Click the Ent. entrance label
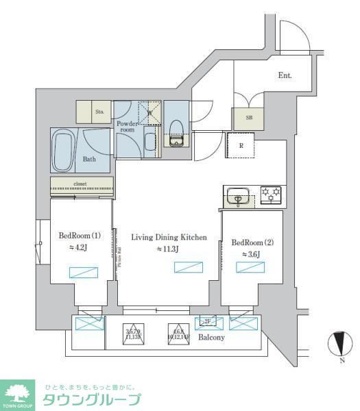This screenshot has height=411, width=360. point(285,76)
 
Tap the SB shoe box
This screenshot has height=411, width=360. point(248,118)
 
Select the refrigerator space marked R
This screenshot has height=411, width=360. point(241,145)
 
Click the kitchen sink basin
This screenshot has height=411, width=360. point(238,197)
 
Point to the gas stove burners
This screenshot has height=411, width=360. point(272,195)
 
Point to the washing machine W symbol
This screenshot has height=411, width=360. point(149,112)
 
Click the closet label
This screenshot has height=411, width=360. point(82,184)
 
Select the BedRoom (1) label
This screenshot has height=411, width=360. point(80,236)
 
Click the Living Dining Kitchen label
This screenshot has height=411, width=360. point(169,237)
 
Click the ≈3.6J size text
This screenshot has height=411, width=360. point(252,254)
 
